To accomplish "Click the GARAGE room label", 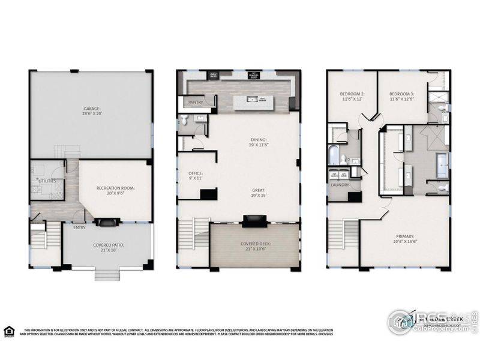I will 91,110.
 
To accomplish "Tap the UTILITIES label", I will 48,179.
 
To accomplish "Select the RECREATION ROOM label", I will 115,188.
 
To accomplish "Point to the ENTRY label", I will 79,227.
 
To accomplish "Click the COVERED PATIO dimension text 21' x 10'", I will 108,250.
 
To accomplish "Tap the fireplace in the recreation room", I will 108,223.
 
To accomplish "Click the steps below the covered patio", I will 108,274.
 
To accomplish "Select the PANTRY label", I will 196,102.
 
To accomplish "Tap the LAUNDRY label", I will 340,185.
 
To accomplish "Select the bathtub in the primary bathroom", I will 442,166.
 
